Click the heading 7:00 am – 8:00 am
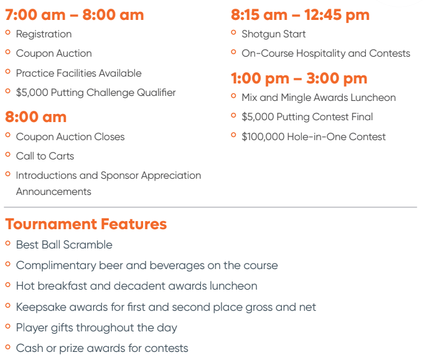74,15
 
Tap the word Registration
44,34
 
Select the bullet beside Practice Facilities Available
8,72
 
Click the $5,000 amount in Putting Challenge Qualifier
32,93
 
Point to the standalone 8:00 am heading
35,117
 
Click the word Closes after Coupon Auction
109,136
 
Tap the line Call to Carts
45,156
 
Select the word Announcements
54,192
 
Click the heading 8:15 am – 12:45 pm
300,15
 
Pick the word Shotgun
261,34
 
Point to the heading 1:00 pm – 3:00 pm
299,78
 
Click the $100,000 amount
263,136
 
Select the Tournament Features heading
86,224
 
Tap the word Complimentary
56,265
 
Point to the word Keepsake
41,307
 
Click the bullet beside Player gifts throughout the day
8,326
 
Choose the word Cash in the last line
30,348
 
